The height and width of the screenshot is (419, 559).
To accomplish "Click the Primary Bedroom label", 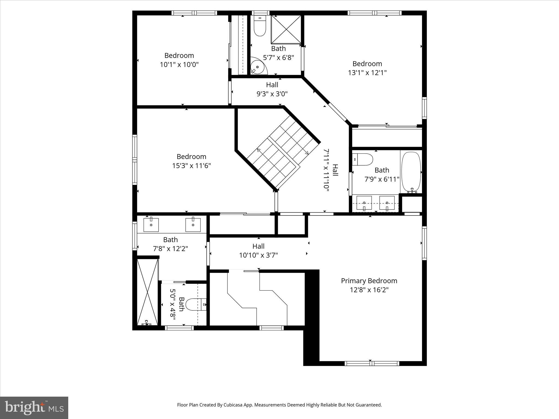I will click(x=369, y=281).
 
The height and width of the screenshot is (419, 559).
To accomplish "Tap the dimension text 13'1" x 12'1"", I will click(x=367, y=73).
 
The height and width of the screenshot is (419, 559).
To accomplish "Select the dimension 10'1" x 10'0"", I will click(x=179, y=65).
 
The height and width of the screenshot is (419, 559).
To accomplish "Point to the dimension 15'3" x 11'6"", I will click(x=191, y=166).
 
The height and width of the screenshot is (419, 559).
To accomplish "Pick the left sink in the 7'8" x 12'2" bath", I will click(x=151, y=225).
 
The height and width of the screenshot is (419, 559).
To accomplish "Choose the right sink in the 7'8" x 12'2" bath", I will click(x=193, y=225).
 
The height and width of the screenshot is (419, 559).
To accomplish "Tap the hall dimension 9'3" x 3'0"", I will click(x=272, y=94).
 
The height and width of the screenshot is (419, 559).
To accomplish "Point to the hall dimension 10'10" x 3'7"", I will click(x=258, y=255).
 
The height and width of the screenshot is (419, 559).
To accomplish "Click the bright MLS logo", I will click(x=34, y=408).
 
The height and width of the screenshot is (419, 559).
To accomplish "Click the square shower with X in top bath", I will click(x=286, y=29).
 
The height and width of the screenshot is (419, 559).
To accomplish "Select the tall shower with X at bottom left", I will click(x=147, y=292).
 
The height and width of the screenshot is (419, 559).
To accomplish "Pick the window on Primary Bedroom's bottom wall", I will click(x=372, y=363).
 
